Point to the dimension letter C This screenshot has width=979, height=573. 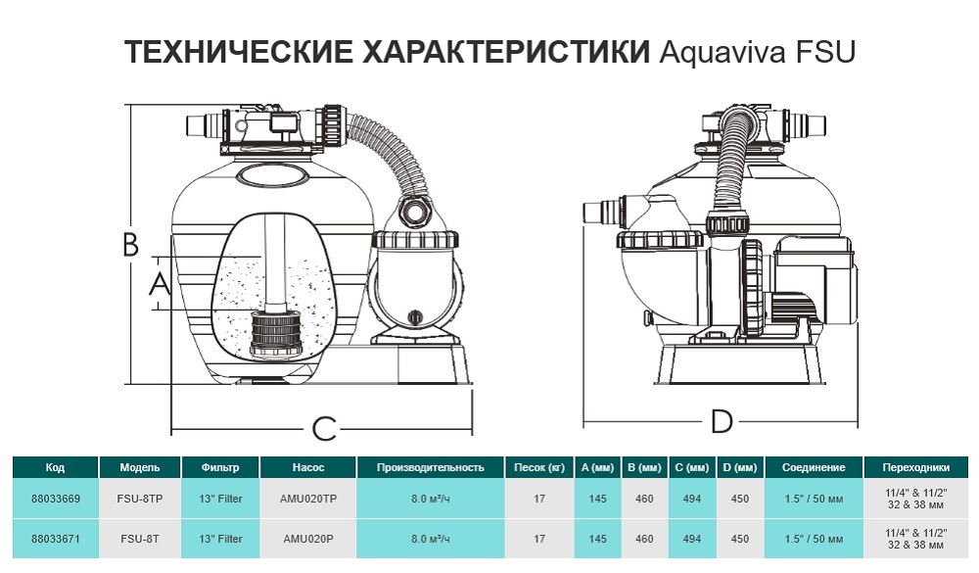(323, 428)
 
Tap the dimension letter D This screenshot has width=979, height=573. (722, 422)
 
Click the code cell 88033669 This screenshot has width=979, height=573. (56, 499)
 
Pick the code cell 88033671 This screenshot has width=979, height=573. (56, 539)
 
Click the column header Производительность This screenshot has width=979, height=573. (431, 467)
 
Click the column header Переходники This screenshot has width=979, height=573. (916, 467)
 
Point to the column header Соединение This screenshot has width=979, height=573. (814, 467)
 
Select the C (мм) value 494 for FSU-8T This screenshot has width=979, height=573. (691, 539)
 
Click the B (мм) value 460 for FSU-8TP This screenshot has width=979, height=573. (644, 499)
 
